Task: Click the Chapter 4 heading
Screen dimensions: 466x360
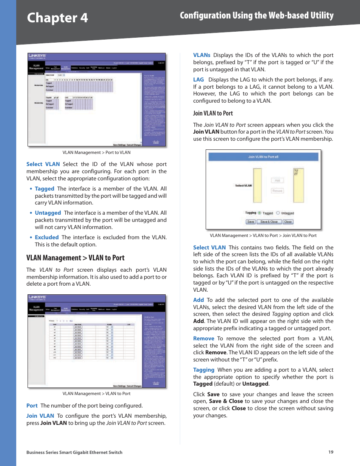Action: (x=57, y=18)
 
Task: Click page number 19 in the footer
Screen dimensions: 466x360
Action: (x=331, y=452)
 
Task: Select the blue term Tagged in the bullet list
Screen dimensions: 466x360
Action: (x=45, y=189)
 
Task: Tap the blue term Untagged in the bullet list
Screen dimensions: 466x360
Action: (x=48, y=213)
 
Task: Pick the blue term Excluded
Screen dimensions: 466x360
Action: (x=47, y=237)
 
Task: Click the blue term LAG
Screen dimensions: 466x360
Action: (x=198, y=80)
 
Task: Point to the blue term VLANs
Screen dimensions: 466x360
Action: (x=202, y=55)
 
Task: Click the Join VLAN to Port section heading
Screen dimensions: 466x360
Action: (x=213, y=113)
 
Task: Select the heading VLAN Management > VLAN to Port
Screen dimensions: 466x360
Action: (x=75, y=258)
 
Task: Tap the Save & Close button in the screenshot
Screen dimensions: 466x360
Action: (x=269, y=222)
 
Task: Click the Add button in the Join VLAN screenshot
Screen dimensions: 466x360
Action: (x=277, y=181)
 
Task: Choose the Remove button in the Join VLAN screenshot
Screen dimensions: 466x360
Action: (x=277, y=191)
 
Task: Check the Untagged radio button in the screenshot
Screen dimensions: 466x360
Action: (x=278, y=213)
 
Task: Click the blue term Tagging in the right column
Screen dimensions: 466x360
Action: (x=204, y=370)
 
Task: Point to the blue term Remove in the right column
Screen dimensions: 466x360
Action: (x=204, y=338)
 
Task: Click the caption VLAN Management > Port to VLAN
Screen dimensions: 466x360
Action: (x=96, y=152)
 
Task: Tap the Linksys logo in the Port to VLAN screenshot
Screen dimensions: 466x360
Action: (x=37, y=56)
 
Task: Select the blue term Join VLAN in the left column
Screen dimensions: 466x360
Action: (x=40, y=416)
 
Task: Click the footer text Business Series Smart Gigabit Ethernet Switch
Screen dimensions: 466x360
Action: (x=74, y=452)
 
